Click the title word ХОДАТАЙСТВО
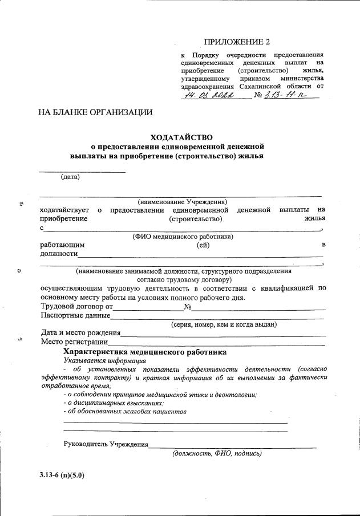coord(181,137)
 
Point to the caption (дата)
coord(70,177)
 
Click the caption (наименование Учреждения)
coord(183,202)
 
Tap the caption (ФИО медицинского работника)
coord(182,236)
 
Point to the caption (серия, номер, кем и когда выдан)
coord(224,324)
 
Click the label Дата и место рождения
coord(80,333)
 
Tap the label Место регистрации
coord(74,342)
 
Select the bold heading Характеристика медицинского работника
coord(144,352)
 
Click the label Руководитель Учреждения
coord(106,445)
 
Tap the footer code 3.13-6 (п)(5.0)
coord(62,475)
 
